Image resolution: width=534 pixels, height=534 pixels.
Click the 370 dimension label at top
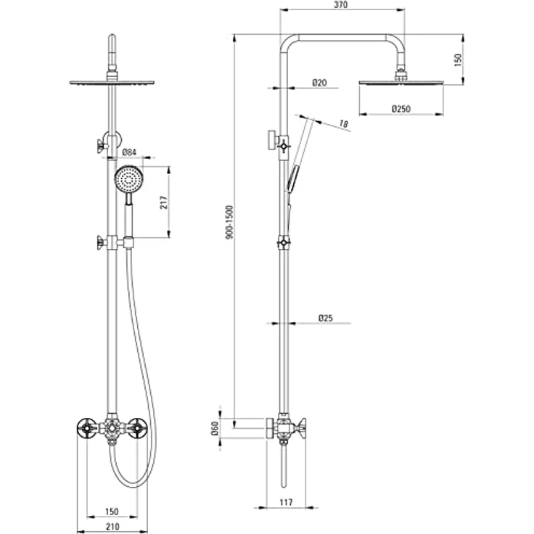tap(341, 5)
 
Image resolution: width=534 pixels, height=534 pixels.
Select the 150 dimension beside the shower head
tap(458, 59)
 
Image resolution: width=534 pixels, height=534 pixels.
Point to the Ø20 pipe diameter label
tap(319, 83)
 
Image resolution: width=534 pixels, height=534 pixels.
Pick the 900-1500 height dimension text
tap(229, 222)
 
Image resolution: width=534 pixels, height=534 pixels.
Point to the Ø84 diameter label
tap(130, 152)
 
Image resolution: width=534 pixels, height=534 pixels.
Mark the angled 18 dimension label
tap(344, 126)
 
